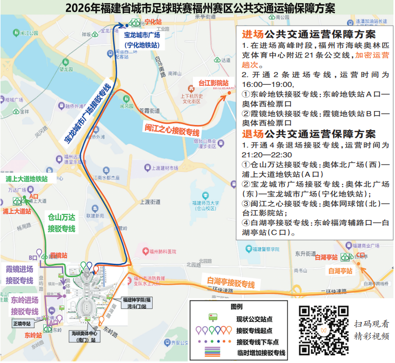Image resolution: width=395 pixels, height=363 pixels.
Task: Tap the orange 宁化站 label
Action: click(x=153, y=23)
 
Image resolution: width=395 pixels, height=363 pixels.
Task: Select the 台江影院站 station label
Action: click(x=214, y=83)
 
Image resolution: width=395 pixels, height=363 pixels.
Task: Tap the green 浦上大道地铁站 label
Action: click(x=27, y=178)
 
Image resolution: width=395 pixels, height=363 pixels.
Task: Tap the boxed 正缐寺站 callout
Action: click(x=22, y=324)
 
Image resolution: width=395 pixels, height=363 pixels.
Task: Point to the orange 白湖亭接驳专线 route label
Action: click(x=231, y=282)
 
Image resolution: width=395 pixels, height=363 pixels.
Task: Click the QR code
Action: click(x=324, y=330)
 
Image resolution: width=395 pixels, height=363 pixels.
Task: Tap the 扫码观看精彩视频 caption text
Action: click(x=371, y=330)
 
